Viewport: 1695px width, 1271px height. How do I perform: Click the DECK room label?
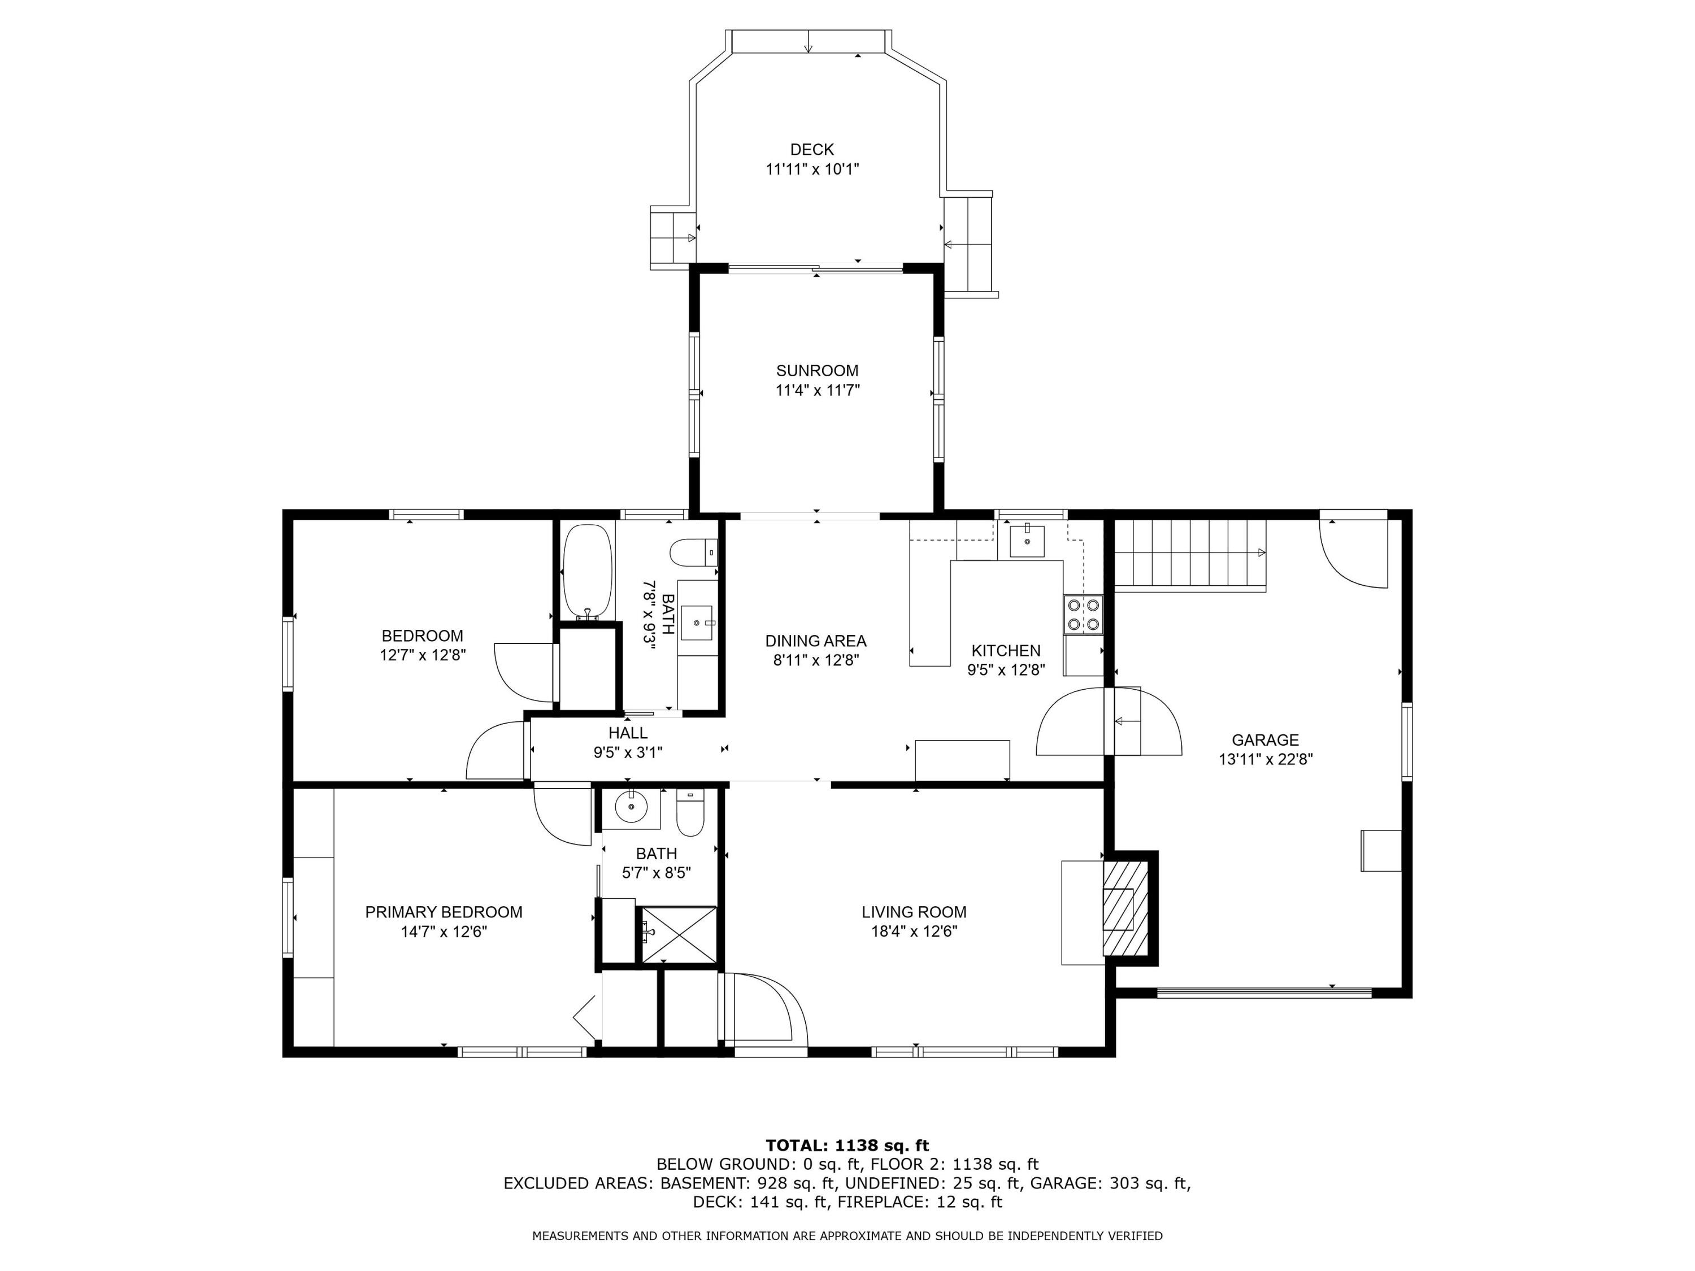pyautogui.click(x=811, y=150)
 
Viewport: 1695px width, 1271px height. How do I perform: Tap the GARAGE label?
pyautogui.click(x=1264, y=740)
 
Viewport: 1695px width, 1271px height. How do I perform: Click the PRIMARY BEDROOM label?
pyautogui.click(x=444, y=912)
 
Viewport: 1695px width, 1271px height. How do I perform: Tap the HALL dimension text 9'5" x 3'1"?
pyautogui.click(x=628, y=753)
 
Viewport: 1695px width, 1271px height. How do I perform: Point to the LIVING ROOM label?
pyautogui.click(x=914, y=912)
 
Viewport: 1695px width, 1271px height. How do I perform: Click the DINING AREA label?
pyautogui.click(x=815, y=641)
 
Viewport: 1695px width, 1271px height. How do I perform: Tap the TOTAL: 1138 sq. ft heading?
pyautogui.click(x=847, y=1146)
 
